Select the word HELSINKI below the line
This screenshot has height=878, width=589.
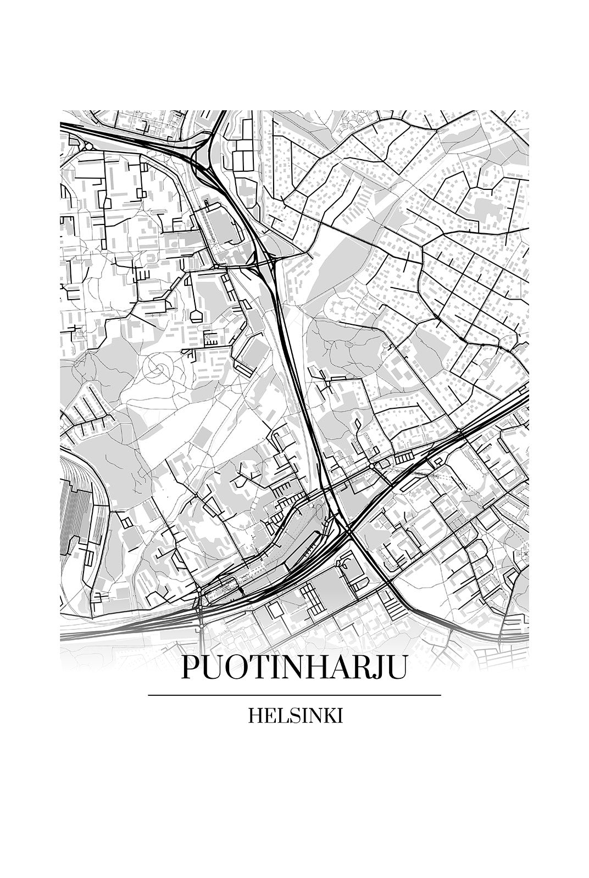point(296,716)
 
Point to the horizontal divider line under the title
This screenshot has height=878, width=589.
point(294,695)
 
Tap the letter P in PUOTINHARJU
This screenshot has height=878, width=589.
point(190,667)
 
